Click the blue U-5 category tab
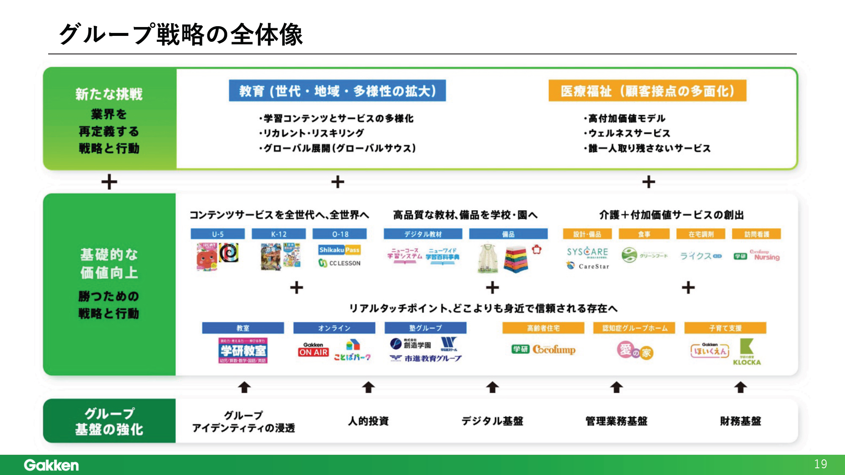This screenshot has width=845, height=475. tap(218, 234)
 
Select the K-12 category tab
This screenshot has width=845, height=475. tap(278, 234)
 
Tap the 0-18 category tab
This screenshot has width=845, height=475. tap(340, 234)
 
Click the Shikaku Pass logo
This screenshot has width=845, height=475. tap(340, 250)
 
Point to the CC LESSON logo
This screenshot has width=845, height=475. tap(340, 263)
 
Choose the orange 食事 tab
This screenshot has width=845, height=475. tap(644, 234)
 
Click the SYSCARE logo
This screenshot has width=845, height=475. tap(587, 252)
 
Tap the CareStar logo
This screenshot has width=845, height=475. tap(588, 266)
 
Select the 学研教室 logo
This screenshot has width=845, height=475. tap(243, 350)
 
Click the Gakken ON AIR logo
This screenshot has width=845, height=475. tap(313, 350)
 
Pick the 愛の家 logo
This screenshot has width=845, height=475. tap(635, 351)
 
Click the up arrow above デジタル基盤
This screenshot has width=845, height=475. tap(492, 387)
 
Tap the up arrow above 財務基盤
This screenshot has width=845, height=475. tap(740, 387)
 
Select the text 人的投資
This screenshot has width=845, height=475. tap(368, 421)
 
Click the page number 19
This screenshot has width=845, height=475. tap(820, 464)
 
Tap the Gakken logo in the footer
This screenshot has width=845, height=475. tap(51, 465)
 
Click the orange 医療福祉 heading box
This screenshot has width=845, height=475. tap(647, 91)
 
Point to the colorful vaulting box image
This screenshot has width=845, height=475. tap(516, 259)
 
